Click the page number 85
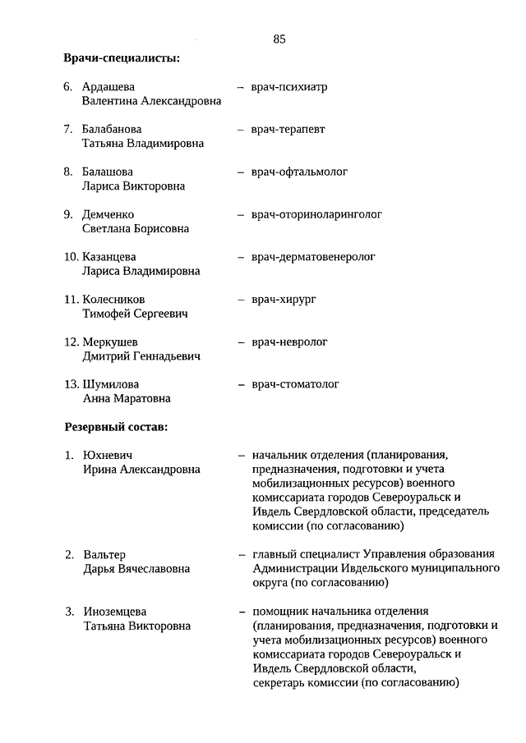coord(279,39)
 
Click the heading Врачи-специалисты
coord(122,58)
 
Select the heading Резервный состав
coord(116,428)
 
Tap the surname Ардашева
coord(108,86)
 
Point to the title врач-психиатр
coord(289,86)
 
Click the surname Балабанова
coord(112,129)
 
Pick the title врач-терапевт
coord(288,129)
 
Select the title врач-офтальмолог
coord(300,172)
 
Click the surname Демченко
coord(108,214)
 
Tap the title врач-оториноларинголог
coord(317,214)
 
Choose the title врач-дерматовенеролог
coord(314,257)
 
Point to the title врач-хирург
coord(284,300)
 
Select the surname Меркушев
coord(110,342)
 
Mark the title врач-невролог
coord(290,342)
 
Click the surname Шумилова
coord(111,384)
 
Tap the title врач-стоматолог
coord(296,384)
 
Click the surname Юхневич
coord(108,455)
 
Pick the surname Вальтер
coord(104,554)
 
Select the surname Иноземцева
coord(115,612)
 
